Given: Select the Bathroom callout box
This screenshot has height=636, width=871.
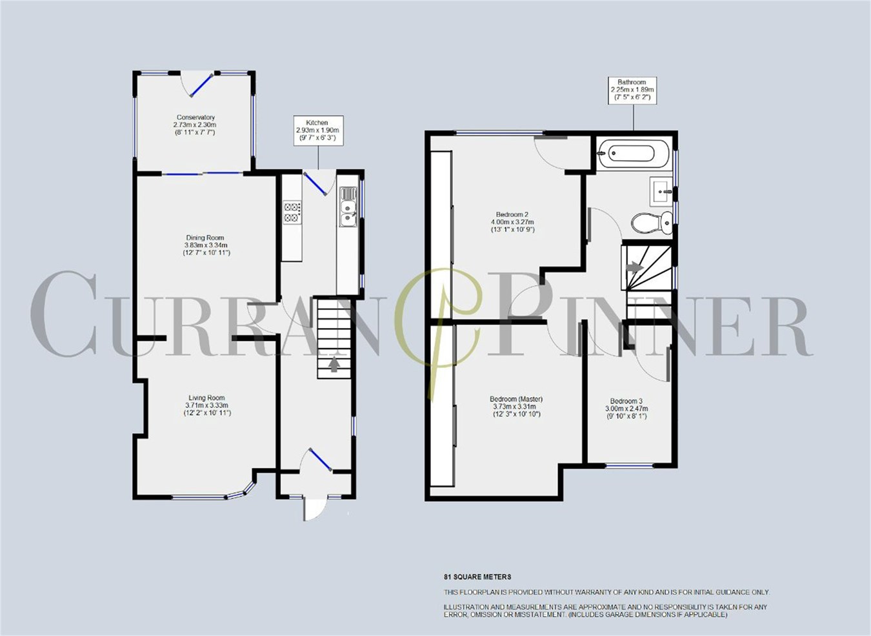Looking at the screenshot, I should [x=632, y=90].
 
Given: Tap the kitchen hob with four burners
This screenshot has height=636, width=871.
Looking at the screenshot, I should [x=292, y=213].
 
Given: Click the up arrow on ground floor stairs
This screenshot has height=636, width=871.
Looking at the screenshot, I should [x=334, y=365].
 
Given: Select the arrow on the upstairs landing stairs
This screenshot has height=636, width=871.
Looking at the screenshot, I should [x=635, y=265].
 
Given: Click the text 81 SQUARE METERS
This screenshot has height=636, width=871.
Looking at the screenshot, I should [x=477, y=577].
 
